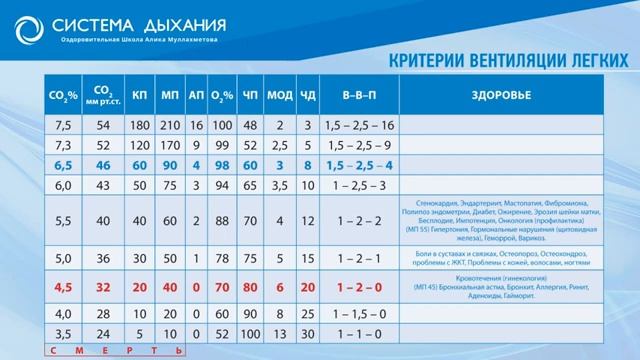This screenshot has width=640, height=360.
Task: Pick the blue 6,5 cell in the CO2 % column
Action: pyautogui.click(x=63, y=165)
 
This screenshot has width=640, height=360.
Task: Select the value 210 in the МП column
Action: pyautogui.click(x=170, y=125)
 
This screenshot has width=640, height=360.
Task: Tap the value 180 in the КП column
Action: pyautogui.click(x=140, y=125)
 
